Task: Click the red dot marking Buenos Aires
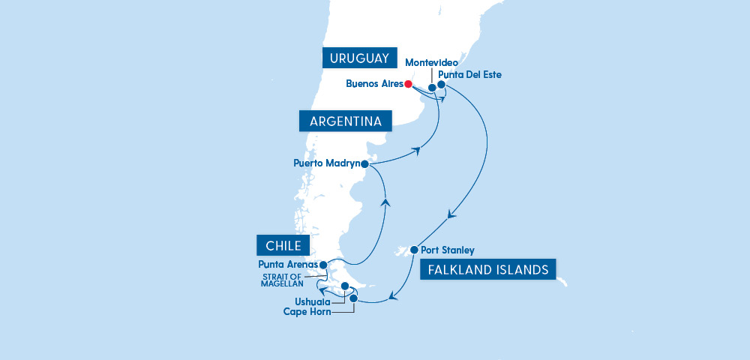coord(409,84)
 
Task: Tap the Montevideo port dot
coord(432,88)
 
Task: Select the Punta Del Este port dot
coord(442,85)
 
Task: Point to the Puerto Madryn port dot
coord(364,163)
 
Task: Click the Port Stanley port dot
coord(413,250)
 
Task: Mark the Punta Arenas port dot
coord(323,265)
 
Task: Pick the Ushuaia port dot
coord(345,286)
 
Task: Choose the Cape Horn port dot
coord(354,298)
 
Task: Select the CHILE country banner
coord(283,245)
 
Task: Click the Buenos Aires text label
coord(374,84)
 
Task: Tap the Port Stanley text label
coord(448,250)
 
